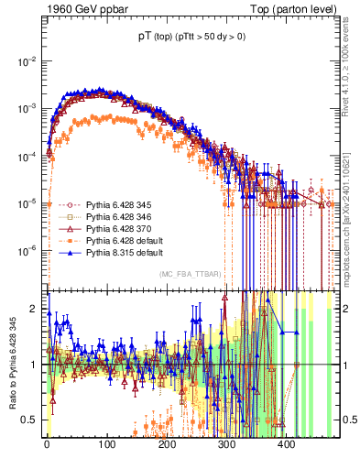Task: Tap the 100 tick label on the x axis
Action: [x=106, y=444]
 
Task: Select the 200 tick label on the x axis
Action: [x=167, y=444]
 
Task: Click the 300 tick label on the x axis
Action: [x=226, y=444]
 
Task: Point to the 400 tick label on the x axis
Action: [x=286, y=444]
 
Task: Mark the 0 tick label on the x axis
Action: [x=47, y=444]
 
